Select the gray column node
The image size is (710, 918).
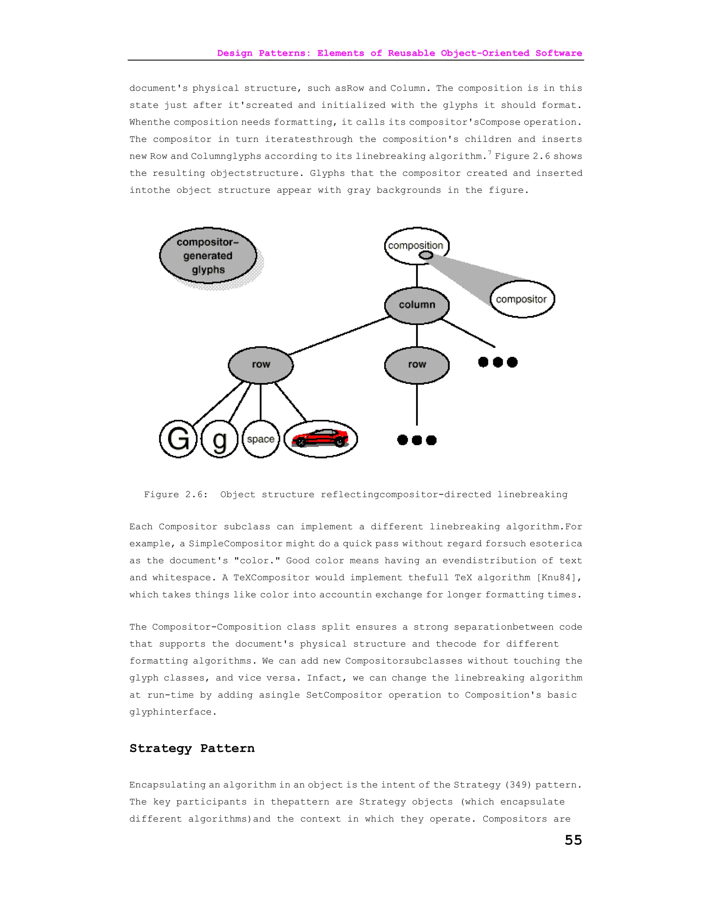(x=417, y=305)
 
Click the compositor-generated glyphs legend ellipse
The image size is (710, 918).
(x=208, y=256)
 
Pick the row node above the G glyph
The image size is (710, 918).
(x=261, y=365)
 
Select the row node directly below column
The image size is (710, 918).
(x=417, y=365)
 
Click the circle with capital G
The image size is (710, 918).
(x=178, y=439)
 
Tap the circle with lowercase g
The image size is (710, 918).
(x=219, y=439)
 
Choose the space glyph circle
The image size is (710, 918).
(x=261, y=439)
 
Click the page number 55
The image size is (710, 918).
(x=573, y=840)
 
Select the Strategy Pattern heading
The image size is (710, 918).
(x=192, y=749)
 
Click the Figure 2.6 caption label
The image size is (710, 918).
(x=176, y=494)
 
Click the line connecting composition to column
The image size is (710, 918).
(x=417, y=276)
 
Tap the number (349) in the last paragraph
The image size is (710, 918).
(x=519, y=785)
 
